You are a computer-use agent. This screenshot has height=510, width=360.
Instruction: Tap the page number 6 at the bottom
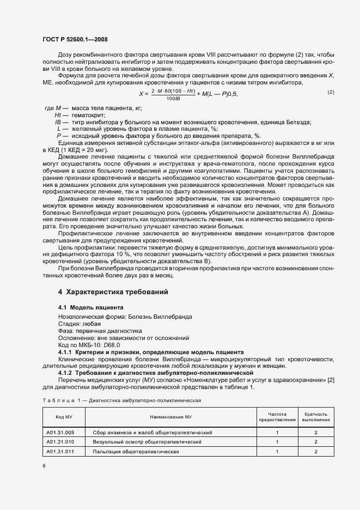(x=44, y=465)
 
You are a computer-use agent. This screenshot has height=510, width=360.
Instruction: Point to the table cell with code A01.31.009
(x=60, y=432)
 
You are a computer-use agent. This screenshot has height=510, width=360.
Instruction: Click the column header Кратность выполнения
(x=316, y=417)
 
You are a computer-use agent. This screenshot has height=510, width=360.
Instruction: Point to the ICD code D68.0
(x=112, y=345)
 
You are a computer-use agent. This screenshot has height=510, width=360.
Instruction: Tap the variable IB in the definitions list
(x=57, y=122)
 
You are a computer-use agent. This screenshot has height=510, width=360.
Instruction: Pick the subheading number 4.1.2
(x=67, y=373)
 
